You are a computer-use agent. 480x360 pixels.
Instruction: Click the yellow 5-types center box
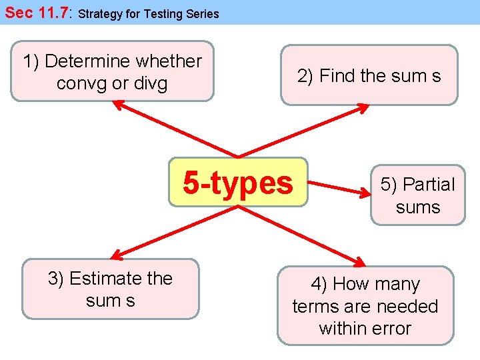[x=238, y=182]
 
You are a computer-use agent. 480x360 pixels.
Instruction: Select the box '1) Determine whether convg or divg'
[x=112, y=71]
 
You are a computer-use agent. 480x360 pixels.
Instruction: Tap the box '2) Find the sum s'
[x=369, y=75]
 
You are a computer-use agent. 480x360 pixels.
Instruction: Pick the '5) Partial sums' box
[x=417, y=195]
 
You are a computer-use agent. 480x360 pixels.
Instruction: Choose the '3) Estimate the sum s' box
[x=110, y=289]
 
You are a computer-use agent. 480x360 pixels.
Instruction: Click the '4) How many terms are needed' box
[x=365, y=305]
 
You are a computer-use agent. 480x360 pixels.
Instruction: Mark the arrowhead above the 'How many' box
[x=359, y=261]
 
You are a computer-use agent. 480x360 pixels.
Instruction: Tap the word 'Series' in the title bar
[x=203, y=13]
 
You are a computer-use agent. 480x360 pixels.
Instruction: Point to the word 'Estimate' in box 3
[x=101, y=278]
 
